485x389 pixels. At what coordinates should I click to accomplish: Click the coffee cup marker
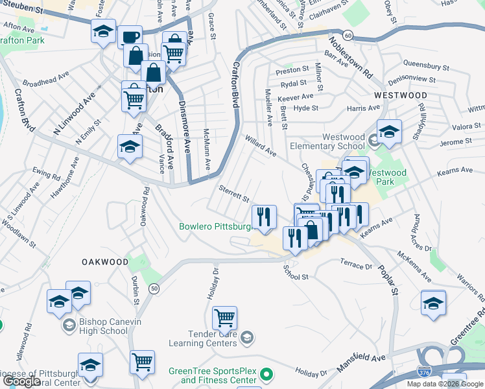130,36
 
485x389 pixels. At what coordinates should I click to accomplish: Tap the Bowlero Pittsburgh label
215,227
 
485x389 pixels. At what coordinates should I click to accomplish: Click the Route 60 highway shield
349,34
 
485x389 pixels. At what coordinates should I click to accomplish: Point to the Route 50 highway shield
154,288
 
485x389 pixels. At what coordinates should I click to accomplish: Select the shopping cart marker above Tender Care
224,318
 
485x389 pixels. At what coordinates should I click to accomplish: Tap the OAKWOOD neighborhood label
105,262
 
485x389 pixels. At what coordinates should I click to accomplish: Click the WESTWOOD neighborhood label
401,95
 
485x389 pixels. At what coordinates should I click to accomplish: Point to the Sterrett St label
233,195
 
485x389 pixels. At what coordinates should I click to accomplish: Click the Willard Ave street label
261,146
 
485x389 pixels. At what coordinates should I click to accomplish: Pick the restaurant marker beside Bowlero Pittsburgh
264,217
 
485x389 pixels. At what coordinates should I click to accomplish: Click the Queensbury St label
426,65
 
